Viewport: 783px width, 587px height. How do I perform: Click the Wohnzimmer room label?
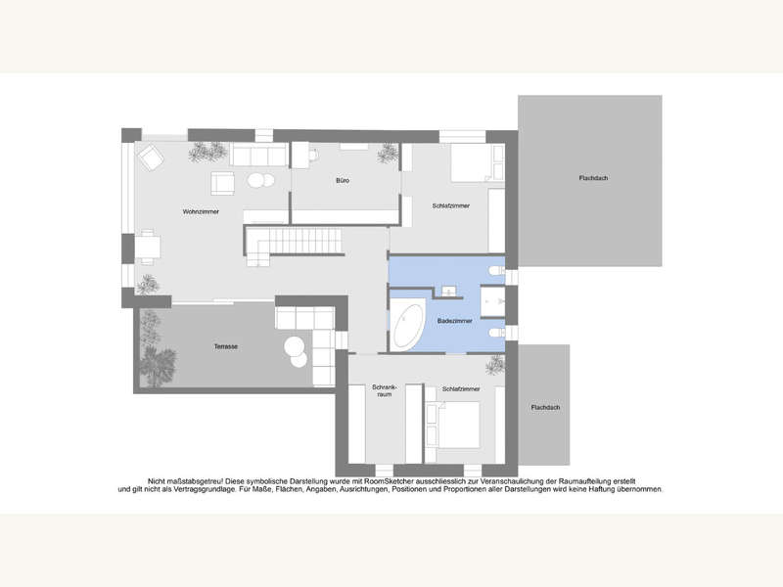[200, 211]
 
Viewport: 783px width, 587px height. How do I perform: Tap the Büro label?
[343, 181]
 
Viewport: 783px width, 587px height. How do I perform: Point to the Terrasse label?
[227, 347]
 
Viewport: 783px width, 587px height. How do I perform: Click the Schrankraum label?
[383, 392]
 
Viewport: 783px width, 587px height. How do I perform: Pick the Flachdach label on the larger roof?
[594, 178]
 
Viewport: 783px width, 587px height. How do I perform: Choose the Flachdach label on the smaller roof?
[543, 406]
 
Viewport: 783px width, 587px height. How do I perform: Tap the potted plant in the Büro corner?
[390, 153]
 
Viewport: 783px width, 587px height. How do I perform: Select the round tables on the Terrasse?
[297, 348]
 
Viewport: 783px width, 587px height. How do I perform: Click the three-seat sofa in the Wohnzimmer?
[259, 155]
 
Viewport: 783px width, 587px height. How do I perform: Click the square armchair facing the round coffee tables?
[223, 183]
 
